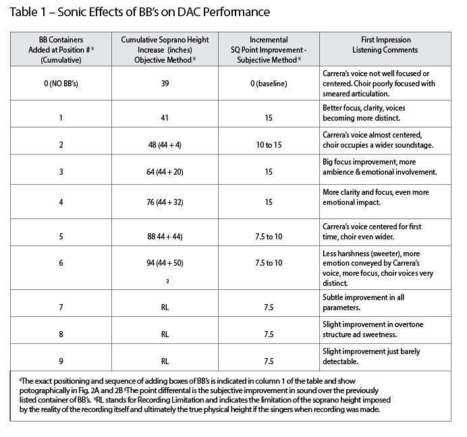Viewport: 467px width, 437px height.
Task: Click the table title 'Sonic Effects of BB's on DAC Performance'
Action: click(x=163, y=12)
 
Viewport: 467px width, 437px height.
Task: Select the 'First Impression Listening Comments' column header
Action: click(x=385, y=45)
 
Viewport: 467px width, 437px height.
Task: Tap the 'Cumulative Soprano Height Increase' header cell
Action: click(x=165, y=50)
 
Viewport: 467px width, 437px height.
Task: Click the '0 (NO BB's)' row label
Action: click(x=61, y=84)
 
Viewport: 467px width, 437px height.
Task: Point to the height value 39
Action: click(x=165, y=84)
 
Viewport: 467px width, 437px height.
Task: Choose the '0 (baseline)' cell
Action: click(x=269, y=84)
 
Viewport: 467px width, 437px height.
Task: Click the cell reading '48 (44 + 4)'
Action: click(x=165, y=145)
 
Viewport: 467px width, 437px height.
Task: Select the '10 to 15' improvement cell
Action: click(x=269, y=145)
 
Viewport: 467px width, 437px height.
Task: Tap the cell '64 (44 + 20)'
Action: click(x=165, y=172)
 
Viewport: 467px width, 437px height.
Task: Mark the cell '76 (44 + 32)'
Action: click(x=165, y=202)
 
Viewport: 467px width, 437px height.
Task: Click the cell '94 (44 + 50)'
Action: click(x=165, y=263)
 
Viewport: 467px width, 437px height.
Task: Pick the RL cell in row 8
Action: click(x=165, y=334)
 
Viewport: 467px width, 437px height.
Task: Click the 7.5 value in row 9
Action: click(x=269, y=361)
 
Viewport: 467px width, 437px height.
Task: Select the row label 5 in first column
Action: click(x=61, y=237)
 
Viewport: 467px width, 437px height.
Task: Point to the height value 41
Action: click(x=165, y=118)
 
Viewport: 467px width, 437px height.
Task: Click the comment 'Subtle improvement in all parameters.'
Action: click(x=363, y=302)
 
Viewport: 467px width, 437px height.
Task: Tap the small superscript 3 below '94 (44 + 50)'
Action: click(x=167, y=281)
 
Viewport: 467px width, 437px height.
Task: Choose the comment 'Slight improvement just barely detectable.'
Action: click(x=371, y=356)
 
